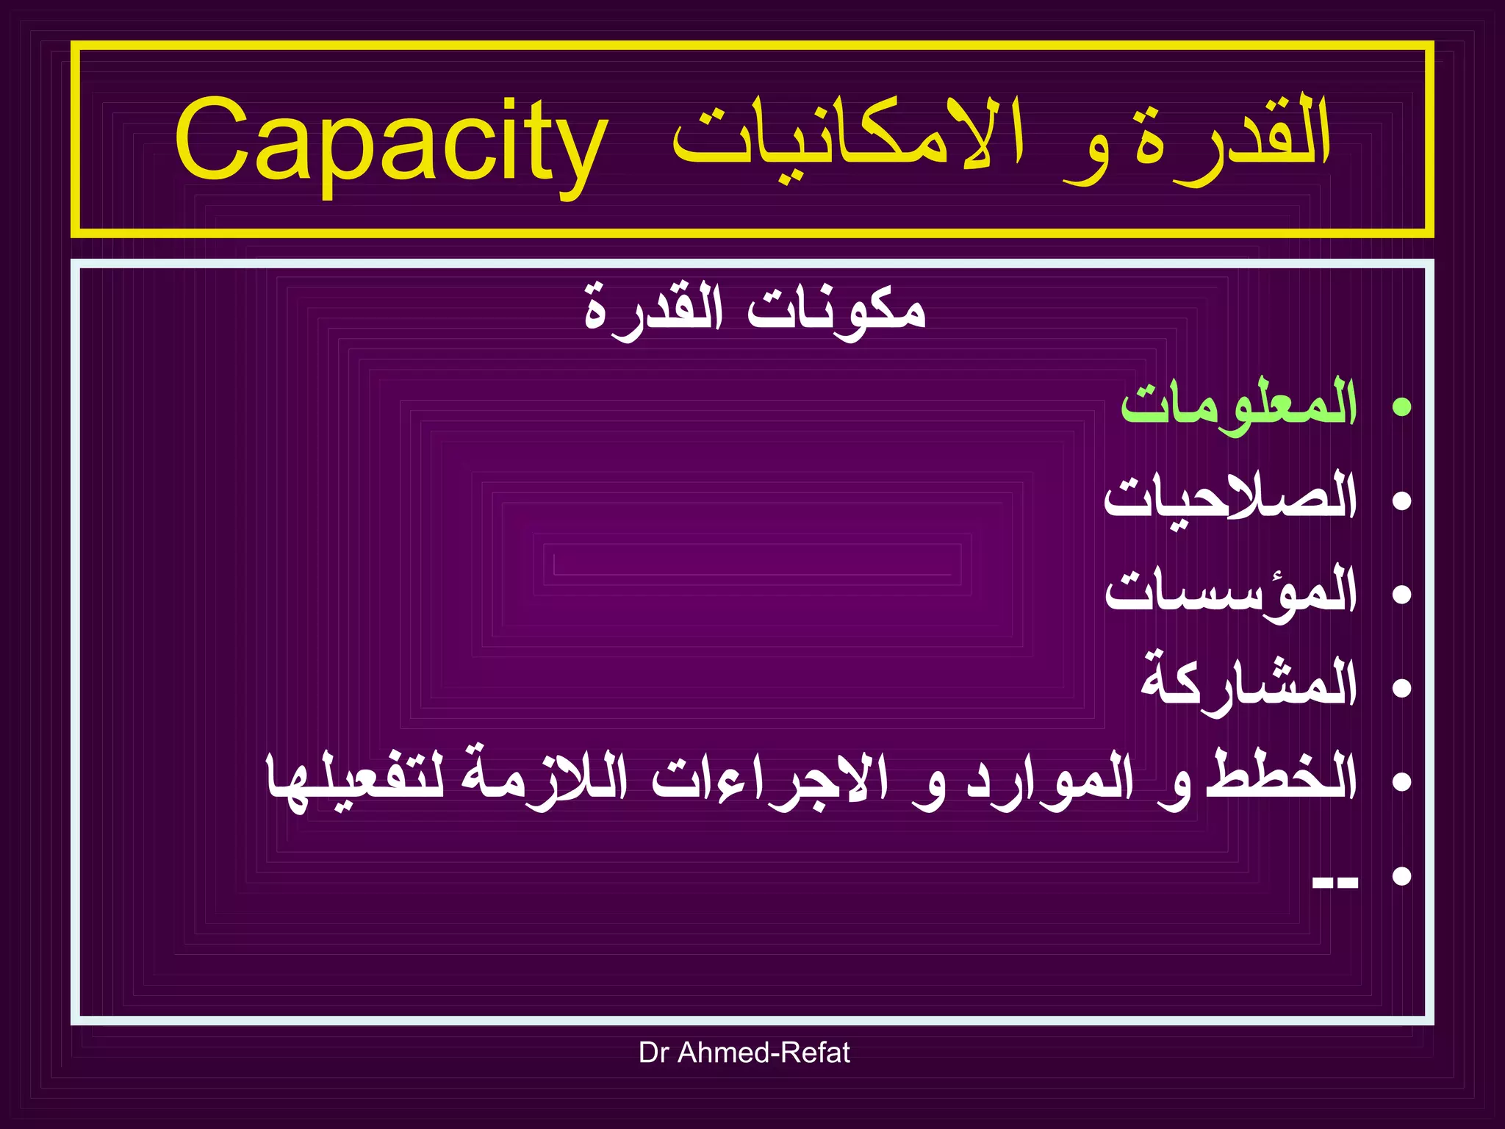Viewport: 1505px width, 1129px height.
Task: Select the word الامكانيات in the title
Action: (848, 140)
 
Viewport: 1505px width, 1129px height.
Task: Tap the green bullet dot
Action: (1402, 406)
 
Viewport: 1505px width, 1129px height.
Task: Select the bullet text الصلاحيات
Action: (1230, 498)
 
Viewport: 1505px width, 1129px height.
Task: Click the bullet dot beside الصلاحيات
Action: (1402, 501)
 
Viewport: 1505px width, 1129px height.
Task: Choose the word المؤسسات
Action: (1232, 592)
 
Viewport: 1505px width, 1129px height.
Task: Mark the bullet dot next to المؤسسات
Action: (1402, 594)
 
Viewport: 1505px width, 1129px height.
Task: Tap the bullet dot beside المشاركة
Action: (1402, 687)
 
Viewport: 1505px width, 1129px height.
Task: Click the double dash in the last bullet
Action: (1335, 882)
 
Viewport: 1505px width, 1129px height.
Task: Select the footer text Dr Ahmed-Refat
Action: (744, 1053)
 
